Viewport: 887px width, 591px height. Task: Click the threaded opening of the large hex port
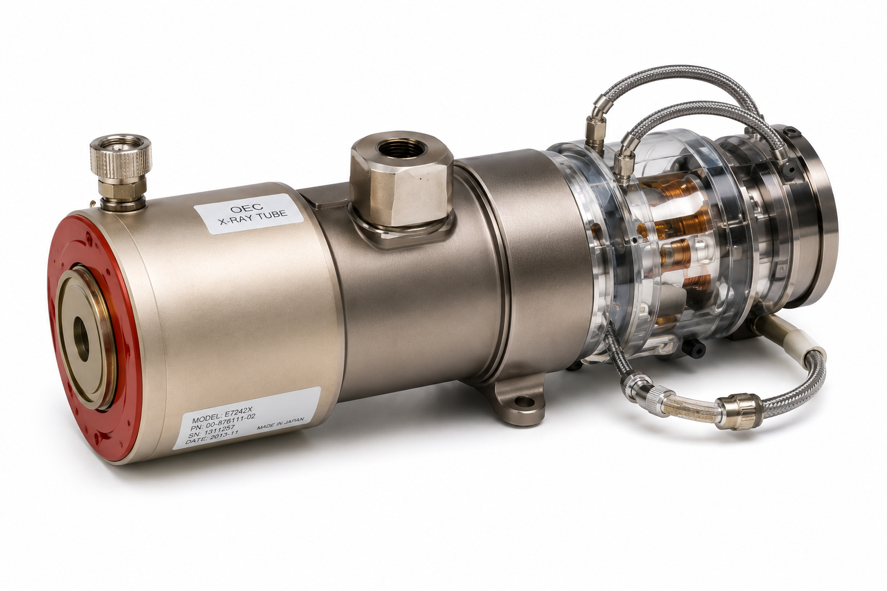pos(399,149)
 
